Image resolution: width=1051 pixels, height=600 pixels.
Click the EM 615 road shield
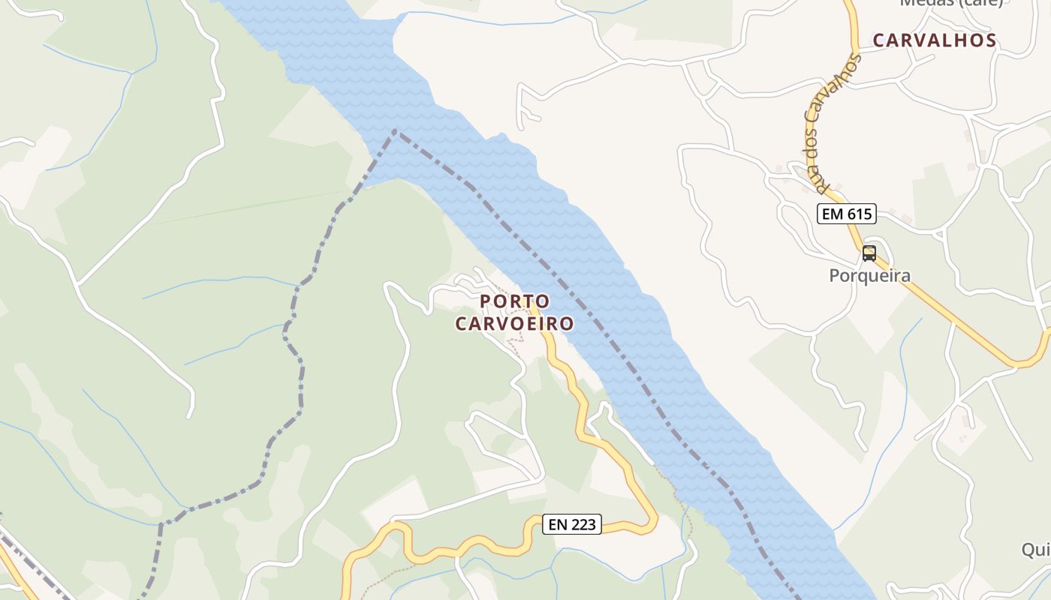click(x=846, y=214)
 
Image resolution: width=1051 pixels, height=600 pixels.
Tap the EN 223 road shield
click(x=572, y=525)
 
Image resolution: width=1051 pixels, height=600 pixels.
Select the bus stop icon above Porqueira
click(x=869, y=253)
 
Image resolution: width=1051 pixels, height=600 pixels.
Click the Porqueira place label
click(x=869, y=276)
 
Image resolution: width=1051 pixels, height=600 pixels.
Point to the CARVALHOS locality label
click(x=934, y=40)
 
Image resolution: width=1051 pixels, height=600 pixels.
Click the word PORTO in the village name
click(x=514, y=301)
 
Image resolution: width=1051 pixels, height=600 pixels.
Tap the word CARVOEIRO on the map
click(x=514, y=324)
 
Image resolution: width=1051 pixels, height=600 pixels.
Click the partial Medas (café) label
click(x=950, y=3)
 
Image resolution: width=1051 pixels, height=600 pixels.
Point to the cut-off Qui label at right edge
click(x=1036, y=550)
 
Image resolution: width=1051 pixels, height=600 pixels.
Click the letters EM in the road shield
click(x=832, y=214)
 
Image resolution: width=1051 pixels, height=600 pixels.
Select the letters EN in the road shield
click(x=558, y=525)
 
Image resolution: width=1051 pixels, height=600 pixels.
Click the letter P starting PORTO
click(x=485, y=301)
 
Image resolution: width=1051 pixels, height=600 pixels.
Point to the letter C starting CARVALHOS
click(x=879, y=40)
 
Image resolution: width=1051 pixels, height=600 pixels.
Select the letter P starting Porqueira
click(x=834, y=276)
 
